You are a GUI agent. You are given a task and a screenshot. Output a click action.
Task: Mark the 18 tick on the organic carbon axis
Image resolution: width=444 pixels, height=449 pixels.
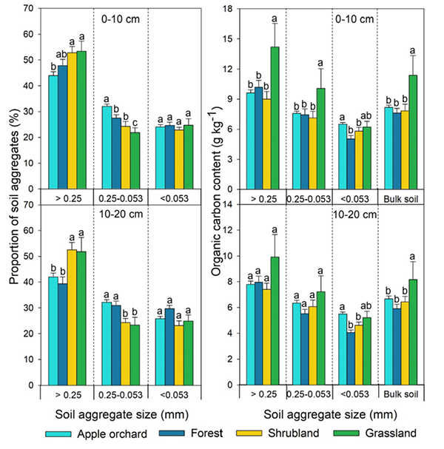click(235, 8)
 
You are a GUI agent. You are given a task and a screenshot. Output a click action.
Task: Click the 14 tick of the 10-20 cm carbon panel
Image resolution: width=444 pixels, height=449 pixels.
click(235, 203)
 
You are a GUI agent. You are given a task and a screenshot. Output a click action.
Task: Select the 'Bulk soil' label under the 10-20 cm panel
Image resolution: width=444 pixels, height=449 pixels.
click(406, 392)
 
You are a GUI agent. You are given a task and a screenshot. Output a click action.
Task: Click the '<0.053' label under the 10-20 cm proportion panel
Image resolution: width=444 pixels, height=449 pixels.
click(173, 392)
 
